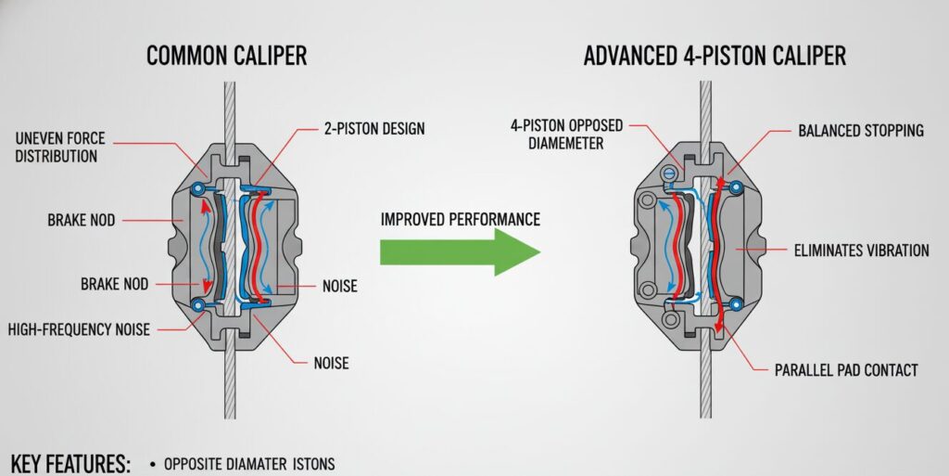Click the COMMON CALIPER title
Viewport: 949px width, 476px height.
pos(226,56)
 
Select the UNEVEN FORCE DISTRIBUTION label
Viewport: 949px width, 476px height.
pos(61,148)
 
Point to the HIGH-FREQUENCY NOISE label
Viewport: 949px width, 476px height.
pos(79,328)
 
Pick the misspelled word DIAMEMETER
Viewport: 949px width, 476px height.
pos(566,144)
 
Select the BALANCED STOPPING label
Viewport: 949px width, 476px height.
pos(861,131)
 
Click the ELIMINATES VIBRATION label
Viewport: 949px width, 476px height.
pos(862,250)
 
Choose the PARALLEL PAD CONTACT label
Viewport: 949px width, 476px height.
pos(846,370)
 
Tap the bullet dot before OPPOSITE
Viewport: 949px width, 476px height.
pos(150,463)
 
